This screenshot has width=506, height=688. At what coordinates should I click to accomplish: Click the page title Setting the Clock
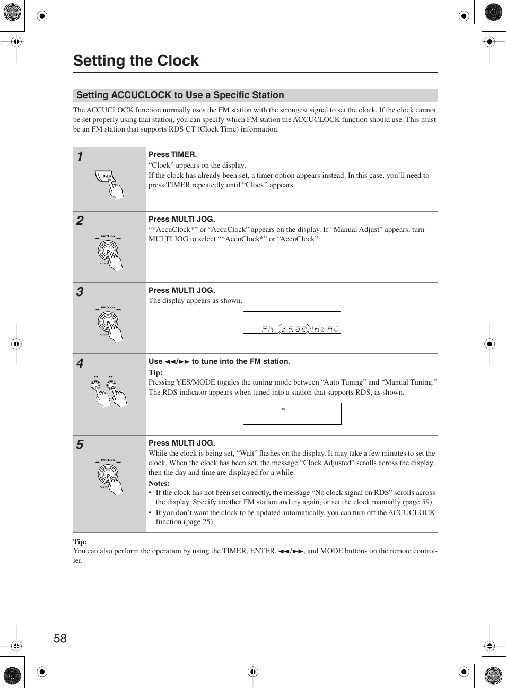click(136, 61)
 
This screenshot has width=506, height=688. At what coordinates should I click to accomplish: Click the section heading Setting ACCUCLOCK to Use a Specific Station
click(180, 95)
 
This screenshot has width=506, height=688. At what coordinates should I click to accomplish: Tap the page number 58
click(60, 639)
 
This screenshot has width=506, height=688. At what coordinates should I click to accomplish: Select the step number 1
click(80, 156)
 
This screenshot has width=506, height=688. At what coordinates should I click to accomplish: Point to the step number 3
click(80, 292)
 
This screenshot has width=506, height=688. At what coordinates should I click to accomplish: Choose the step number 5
click(80, 445)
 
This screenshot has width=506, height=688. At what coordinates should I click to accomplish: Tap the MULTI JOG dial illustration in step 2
click(109, 251)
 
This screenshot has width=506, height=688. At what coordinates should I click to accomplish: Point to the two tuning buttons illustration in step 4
click(109, 391)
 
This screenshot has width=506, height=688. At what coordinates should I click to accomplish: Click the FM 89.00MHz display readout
click(300, 329)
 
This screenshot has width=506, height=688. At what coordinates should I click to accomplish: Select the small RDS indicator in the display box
click(284, 410)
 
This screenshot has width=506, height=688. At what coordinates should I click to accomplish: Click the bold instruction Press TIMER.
click(172, 154)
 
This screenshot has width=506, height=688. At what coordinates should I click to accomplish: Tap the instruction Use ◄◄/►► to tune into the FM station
click(220, 361)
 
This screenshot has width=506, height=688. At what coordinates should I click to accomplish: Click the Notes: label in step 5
click(159, 483)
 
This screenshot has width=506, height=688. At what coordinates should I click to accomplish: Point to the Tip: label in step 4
click(155, 372)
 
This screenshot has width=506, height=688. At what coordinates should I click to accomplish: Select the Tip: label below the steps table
click(80, 542)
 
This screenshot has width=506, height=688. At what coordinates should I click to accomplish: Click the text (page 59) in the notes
click(419, 502)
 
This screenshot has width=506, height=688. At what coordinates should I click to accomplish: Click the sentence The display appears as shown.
click(195, 301)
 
